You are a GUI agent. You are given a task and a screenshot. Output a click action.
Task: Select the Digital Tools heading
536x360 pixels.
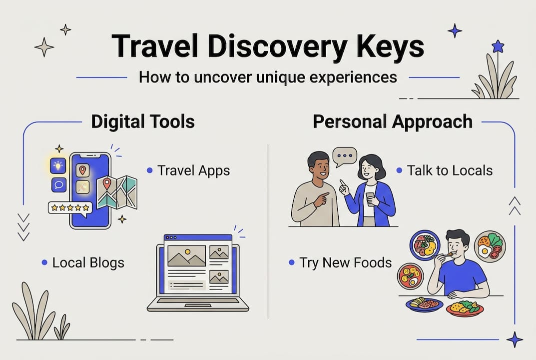(x=143, y=122)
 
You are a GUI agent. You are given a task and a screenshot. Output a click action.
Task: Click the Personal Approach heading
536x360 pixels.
(x=393, y=122)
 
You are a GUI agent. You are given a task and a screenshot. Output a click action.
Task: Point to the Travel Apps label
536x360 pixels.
(x=193, y=170)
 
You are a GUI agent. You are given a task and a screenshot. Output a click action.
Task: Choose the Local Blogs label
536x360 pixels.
(x=88, y=262)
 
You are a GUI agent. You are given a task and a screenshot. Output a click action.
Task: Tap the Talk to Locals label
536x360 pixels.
(x=450, y=170)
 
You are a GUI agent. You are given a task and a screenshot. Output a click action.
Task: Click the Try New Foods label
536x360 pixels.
(x=345, y=262)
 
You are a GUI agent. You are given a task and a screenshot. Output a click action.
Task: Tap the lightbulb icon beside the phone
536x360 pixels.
(x=58, y=166)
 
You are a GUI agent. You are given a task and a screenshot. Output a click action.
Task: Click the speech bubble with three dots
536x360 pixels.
(x=345, y=156)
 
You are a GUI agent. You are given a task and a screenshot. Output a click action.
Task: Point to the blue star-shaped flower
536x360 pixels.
(x=498, y=47)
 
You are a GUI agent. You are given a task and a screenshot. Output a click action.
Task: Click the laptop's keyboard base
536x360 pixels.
(x=198, y=303)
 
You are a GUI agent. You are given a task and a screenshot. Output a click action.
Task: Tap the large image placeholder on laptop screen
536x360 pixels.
(x=187, y=255)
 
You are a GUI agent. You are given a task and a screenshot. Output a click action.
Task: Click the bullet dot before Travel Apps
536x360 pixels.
(x=149, y=171)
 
